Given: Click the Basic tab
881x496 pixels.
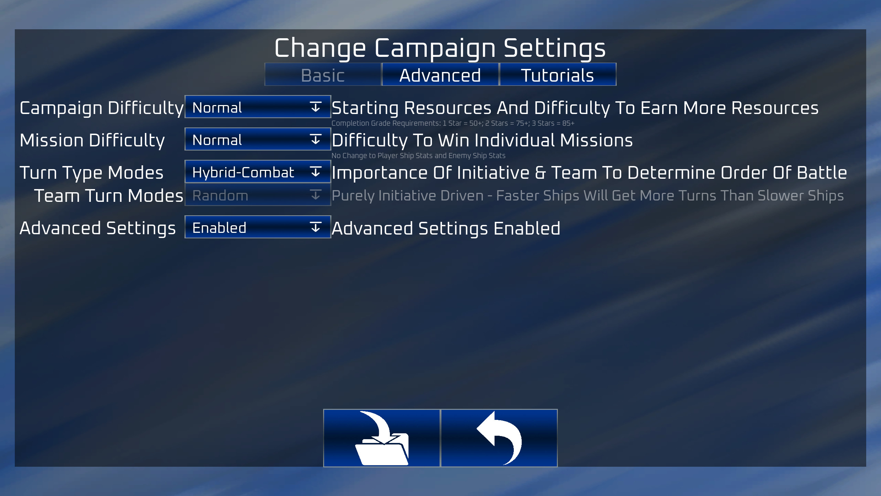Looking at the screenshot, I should tap(323, 75).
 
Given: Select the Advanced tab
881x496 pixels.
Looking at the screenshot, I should tap(440, 75).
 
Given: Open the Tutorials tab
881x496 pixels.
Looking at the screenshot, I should tap(558, 75).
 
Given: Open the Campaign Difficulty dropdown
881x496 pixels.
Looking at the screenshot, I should tap(257, 107).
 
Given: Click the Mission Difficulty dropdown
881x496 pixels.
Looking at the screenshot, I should tap(257, 139).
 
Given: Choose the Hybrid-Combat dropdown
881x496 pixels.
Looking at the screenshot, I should tap(257, 172).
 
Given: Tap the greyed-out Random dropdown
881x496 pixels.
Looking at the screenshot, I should tap(257, 195).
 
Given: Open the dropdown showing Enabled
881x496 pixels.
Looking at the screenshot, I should tap(257, 227).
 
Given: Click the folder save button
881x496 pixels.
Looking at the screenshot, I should tap(382, 438).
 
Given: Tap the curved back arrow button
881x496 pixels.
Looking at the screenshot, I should tap(499, 438).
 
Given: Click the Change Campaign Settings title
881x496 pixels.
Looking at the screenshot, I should tap(440, 48).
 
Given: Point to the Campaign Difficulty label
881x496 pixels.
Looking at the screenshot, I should tap(102, 108).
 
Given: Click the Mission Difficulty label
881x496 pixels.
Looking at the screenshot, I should tap(92, 140).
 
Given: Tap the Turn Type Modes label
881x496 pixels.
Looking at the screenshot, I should tap(92, 173).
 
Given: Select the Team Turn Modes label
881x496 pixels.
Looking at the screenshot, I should tap(109, 196).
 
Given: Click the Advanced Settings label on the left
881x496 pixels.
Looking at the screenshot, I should tap(98, 228).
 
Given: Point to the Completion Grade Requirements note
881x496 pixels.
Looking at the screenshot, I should tap(453, 123).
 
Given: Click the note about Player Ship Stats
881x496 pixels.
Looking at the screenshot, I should tap(418, 156).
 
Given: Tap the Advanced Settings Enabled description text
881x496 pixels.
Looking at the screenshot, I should tap(446, 228).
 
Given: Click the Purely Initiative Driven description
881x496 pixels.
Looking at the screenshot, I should tap(587, 196).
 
